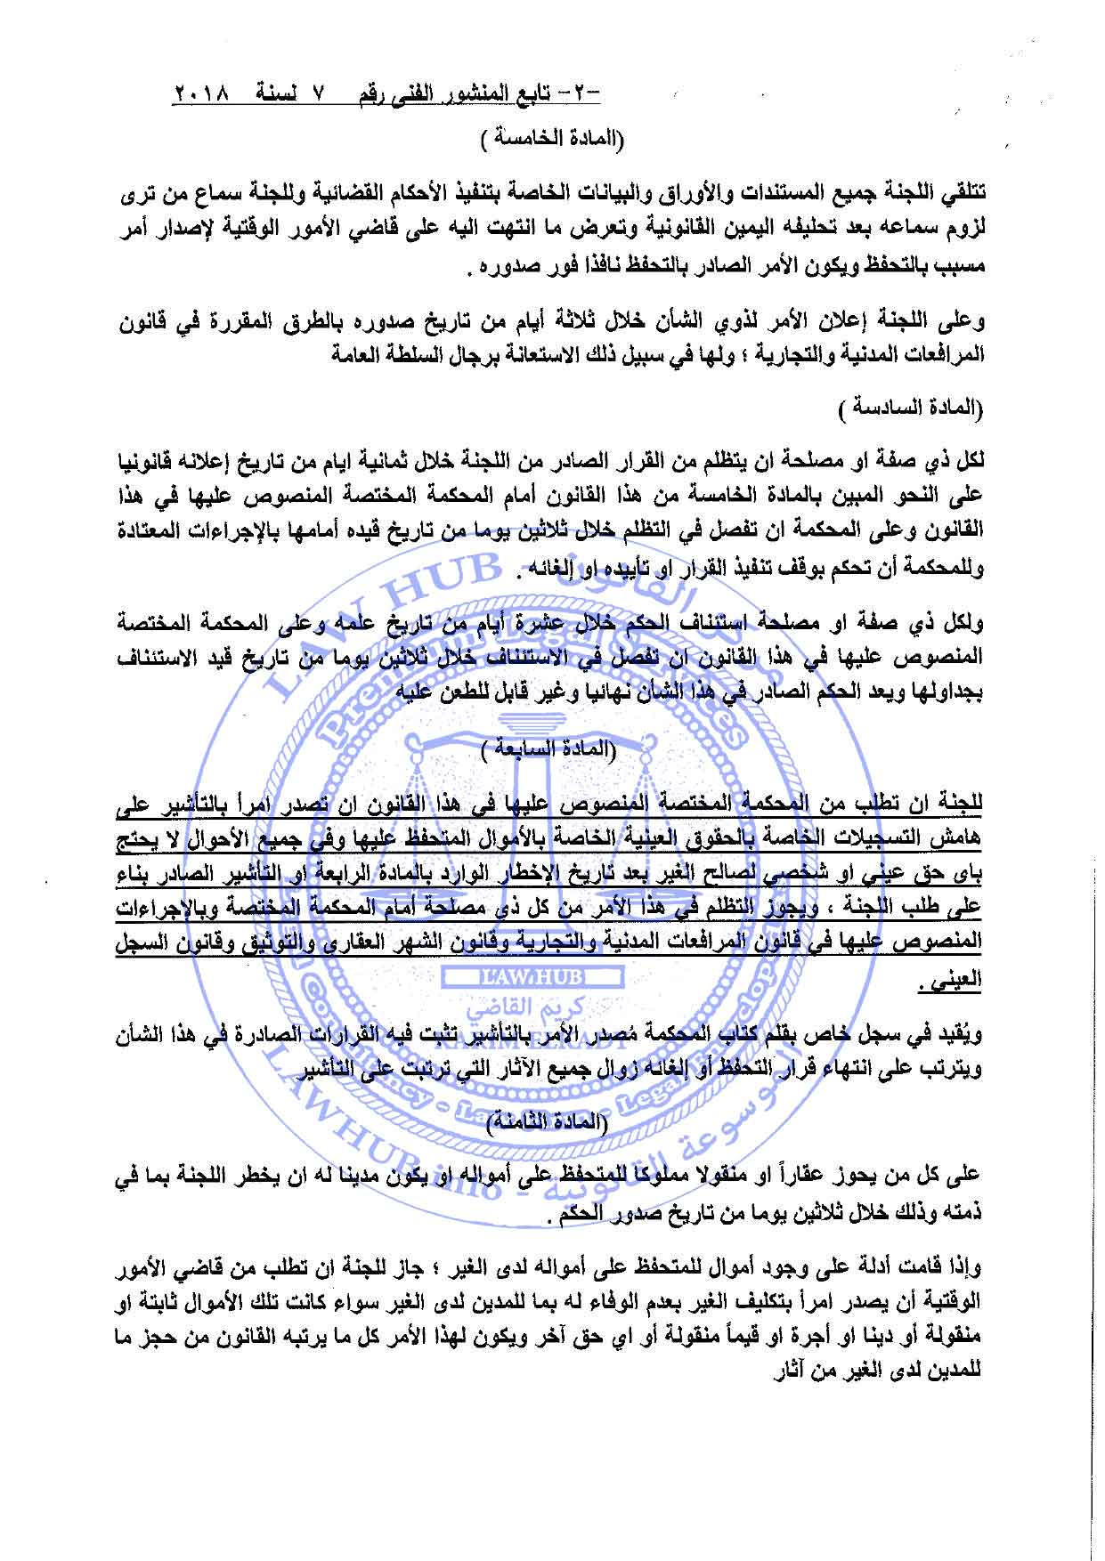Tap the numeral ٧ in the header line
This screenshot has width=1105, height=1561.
click(x=323, y=93)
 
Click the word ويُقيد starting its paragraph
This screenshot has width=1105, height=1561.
click(x=963, y=1034)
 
